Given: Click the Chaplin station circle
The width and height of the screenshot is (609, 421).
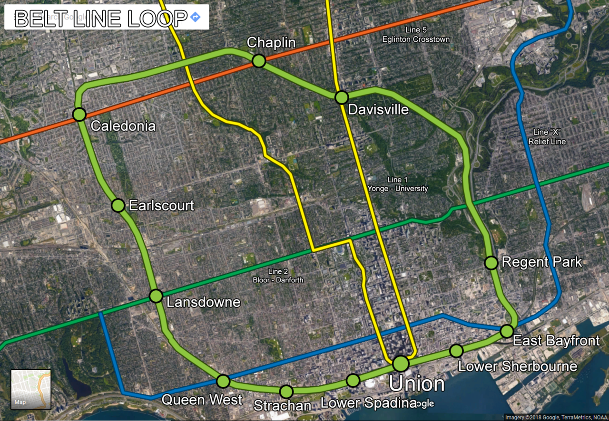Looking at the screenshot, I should (259, 61).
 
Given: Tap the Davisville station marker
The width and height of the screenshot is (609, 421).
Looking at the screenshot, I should (342, 97).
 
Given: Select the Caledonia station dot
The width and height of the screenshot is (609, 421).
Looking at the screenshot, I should (79, 115).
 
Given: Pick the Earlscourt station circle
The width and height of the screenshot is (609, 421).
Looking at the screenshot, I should (118, 205).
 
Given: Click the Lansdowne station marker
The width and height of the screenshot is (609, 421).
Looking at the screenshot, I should (156, 296).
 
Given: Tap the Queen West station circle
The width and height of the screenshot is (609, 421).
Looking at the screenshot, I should (223, 381).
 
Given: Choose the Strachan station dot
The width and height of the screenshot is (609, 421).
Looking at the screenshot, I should (286, 392).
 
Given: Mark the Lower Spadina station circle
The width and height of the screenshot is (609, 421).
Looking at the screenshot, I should (353, 380).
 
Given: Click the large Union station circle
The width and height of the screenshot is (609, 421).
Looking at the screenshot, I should (401, 364).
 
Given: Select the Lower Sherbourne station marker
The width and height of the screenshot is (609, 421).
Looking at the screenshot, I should (456, 351).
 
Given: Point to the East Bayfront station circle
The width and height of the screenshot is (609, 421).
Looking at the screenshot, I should (507, 331).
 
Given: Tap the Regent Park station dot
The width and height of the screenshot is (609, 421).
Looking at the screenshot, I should (491, 263).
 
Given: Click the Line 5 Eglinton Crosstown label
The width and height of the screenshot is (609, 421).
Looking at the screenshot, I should (416, 35).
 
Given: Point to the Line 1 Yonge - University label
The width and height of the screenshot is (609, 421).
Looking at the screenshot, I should (397, 184).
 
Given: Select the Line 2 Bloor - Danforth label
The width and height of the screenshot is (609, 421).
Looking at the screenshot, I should (278, 276).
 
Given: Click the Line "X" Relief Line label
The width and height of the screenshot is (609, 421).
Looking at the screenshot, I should (547, 137).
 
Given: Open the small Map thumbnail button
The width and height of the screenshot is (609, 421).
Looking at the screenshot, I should (31, 390).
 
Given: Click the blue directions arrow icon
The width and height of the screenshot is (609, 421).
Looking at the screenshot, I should (195, 18).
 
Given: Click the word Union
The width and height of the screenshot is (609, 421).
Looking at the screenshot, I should (416, 384).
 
